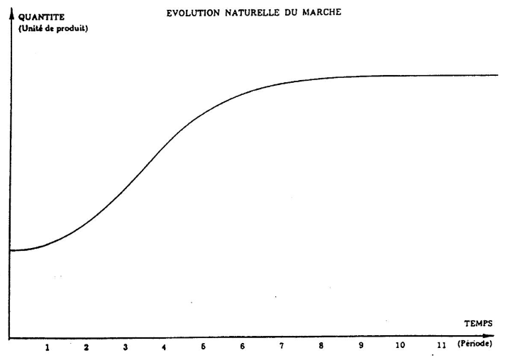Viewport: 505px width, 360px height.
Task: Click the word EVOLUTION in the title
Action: click(x=191, y=13)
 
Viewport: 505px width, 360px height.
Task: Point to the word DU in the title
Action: click(x=283, y=13)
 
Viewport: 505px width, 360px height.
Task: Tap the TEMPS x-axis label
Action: click(x=477, y=322)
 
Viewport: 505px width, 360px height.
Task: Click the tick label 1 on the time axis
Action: click(x=48, y=348)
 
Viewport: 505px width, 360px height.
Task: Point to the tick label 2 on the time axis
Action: click(x=86, y=348)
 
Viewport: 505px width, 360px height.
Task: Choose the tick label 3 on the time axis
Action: click(x=125, y=348)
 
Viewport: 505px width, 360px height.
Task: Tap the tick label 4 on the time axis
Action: click(x=164, y=348)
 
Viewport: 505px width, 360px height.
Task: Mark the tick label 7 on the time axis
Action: click(x=282, y=346)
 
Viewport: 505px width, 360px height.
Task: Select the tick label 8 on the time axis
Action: click(x=321, y=346)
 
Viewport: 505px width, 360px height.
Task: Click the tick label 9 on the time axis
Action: click(x=360, y=345)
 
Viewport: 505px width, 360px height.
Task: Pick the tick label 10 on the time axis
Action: click(x=400, y=345)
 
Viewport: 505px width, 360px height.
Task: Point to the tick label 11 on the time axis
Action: click(x=440, y=345)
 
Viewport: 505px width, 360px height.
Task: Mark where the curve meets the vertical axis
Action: click(x=11, y=251)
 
